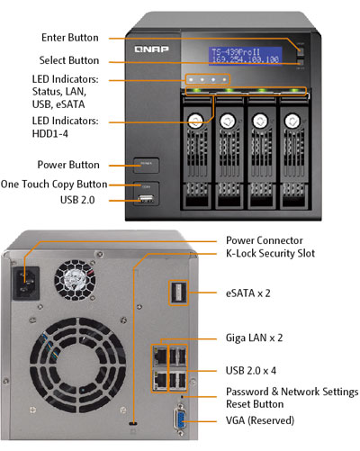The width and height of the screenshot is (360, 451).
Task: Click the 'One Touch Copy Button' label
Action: coord(60,184)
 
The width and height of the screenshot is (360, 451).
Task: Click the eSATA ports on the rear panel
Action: coord(176,293)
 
